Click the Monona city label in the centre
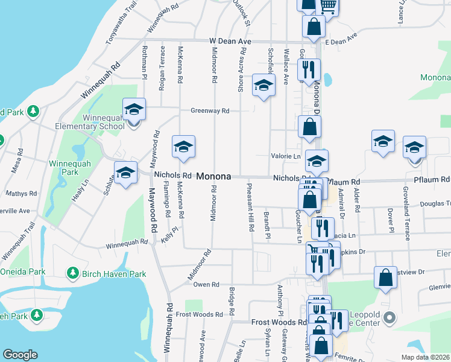pyautogui.click(x=213, y=177)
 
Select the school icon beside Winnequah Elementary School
pyautogui.click(x=134, y=110)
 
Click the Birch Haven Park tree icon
pyautogui.click(x=72, y=273)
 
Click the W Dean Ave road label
pyautogui.click(x=230, y=41)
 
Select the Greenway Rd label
pyautogui.click(x=210, y=111)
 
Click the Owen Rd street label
pyautogui.click(x=206, y=284)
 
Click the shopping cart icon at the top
pyautogui.click(x=327, y=6)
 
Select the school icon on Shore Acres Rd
pyautogui.click(x=263, y=86)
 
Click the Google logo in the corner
pyautogui.click(x=20, y=355)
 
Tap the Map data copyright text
pyautogui.click(x=425, y=357)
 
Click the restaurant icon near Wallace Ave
pyautogui.click(x=308, y=69)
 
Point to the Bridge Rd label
pyautogui.click(x=232, y=302)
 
